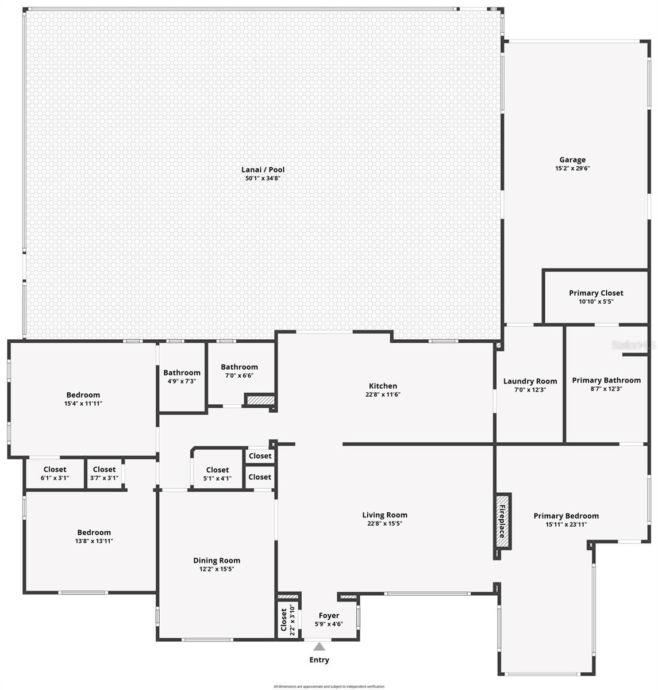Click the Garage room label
click(x=572, y=160)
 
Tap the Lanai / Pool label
click(x=263, y=170)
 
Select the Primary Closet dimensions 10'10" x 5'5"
click(x=596, y=301)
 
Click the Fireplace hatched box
click(x=502, y=522)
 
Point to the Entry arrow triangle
click(x=320, y=647)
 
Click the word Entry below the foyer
click(x=320, y=660)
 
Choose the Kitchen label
click(x=383, y=386)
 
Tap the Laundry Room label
click(x=530, y=381)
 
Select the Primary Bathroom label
click(x=606, y=380)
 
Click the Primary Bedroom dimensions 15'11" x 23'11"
click(x=566, y=524)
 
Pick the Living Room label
click(x=384, y=515)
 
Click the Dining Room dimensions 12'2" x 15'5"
click(x=217, y=569)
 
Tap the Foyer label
click(x=329, y=616)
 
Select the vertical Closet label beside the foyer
click(x=284, y=620)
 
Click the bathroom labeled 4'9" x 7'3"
click(x=182, y=377)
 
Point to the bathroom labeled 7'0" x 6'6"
click(x=239, y=371)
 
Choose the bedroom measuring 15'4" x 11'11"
click(x=83, y=399)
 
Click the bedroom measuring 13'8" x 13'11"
click(x=94, y=536)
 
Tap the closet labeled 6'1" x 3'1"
click(x=55, y=473)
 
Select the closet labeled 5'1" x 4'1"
click(x=217, y=474)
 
